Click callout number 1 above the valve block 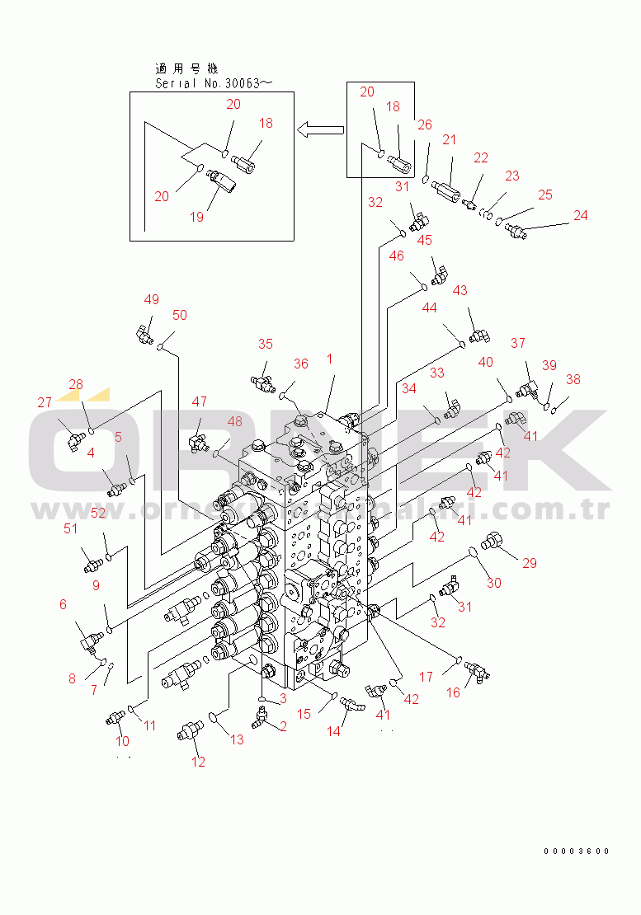pos(329,359)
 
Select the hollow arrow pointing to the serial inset pos(320,129)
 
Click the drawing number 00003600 pos(577,852)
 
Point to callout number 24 pos(581,215)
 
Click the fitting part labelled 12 pos(191,730)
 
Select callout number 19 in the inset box pos(196,217)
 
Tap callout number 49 pos(152,300)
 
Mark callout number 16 pos(454,692)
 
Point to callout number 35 pos(265,344)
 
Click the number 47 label pos(200,401)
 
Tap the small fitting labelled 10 pos(114,720)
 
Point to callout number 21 pos(449,140)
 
